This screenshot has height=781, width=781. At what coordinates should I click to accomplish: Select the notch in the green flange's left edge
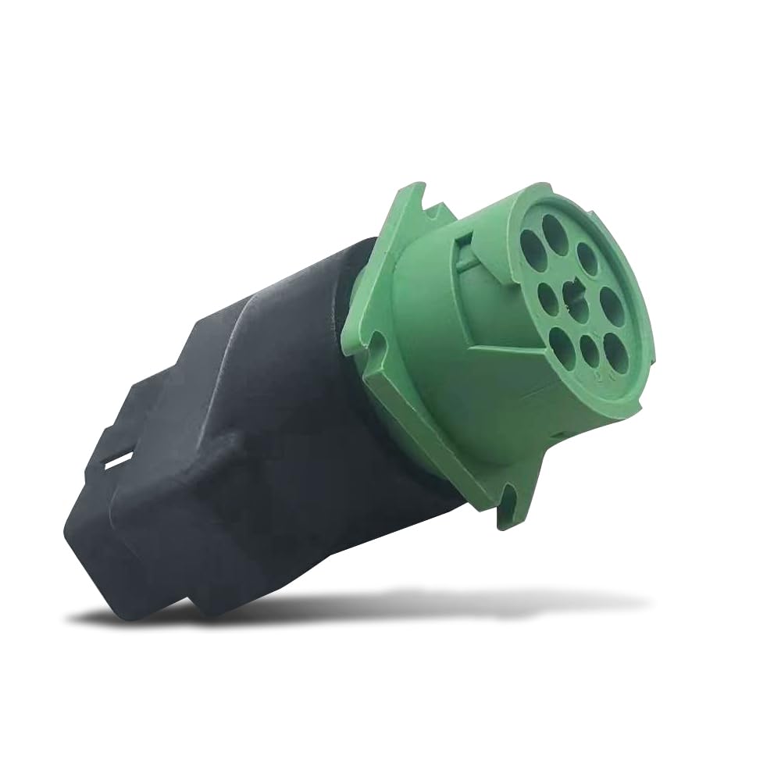(376, 344)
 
